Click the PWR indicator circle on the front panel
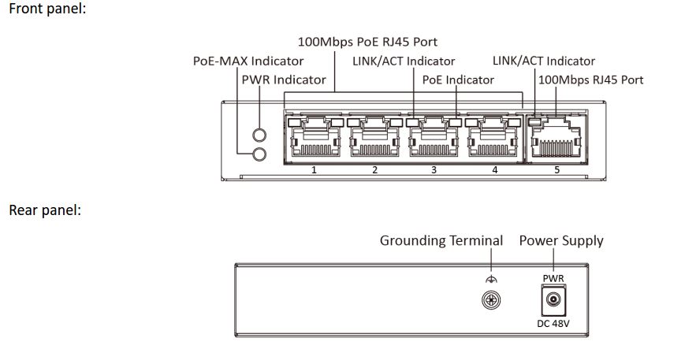click(259, 135)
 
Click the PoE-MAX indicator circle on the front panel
click(259, 154)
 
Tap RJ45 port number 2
click(374, 137)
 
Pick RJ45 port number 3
click(434, 137)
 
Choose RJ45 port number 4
click(493, 137)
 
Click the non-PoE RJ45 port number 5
click(556, 139)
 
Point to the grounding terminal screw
click(491, 300)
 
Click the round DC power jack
click(553, 300)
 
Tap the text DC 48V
click(553, 323)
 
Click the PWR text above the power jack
click(553, 278)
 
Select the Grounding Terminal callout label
click(441, 241)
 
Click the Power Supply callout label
click(561, 241)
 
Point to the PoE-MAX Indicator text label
click(248, 61)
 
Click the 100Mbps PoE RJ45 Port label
click(367, 42)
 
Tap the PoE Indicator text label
click(458, 80)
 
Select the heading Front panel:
click(47, 9)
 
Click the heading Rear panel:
click(45, 210)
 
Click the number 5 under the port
click(557, 169)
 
